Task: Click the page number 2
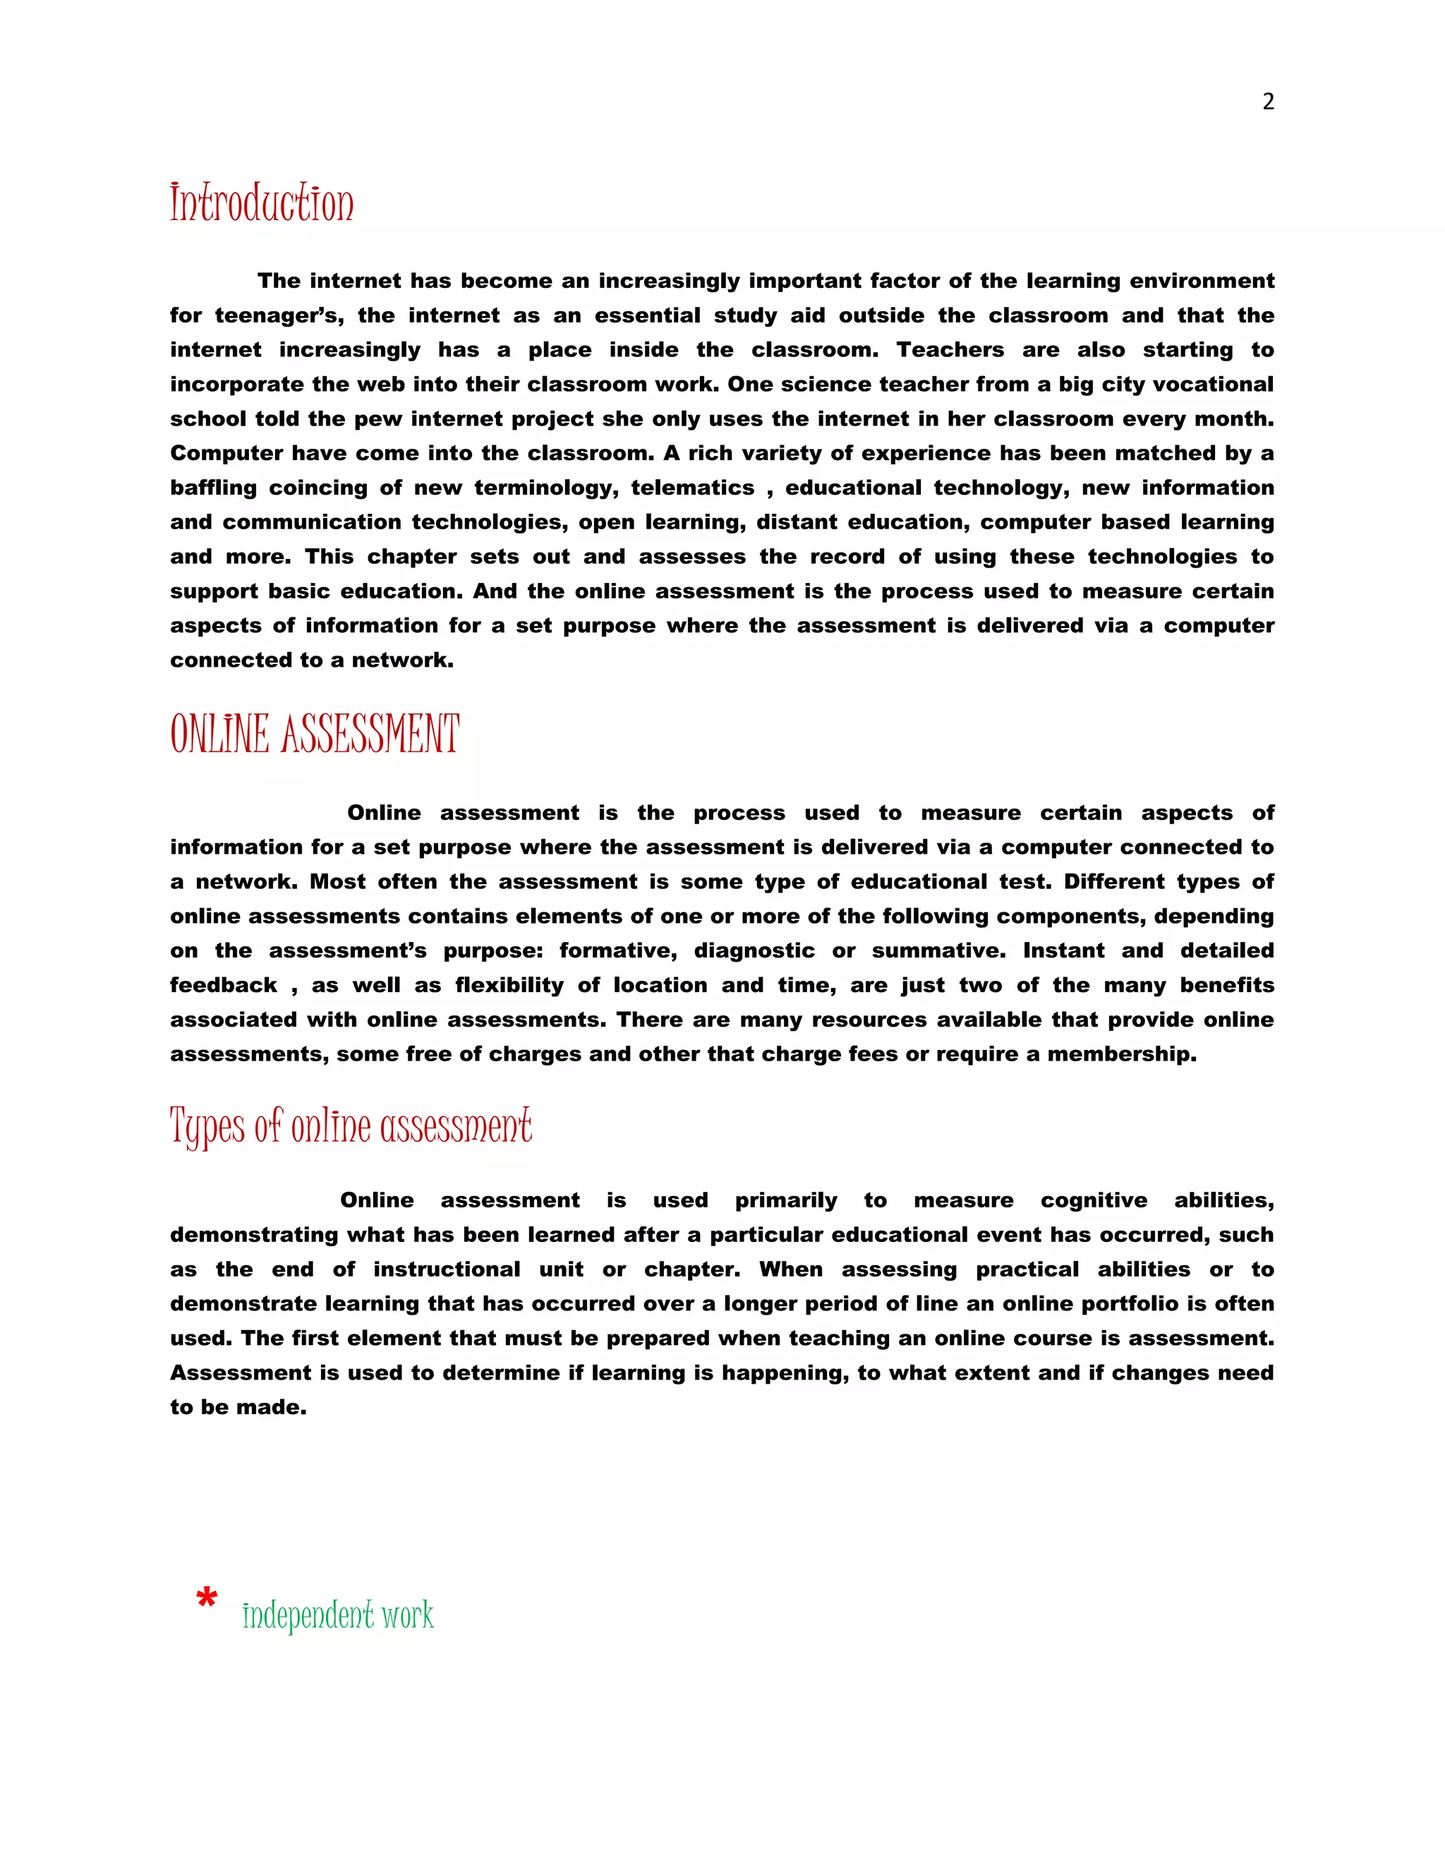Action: tap(1268, 102)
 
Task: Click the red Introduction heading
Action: tap(261, 204)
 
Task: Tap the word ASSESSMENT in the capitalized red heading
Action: tap(370, 735)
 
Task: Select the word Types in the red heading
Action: tap(207, 1127)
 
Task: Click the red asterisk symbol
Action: tap(206, 1598)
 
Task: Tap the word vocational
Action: tap(1213, 385)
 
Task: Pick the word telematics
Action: tap(693, 488)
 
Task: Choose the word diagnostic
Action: tap(754, 951)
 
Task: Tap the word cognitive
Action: tap(1093, 1200)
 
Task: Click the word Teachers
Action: tap(950, 350)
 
